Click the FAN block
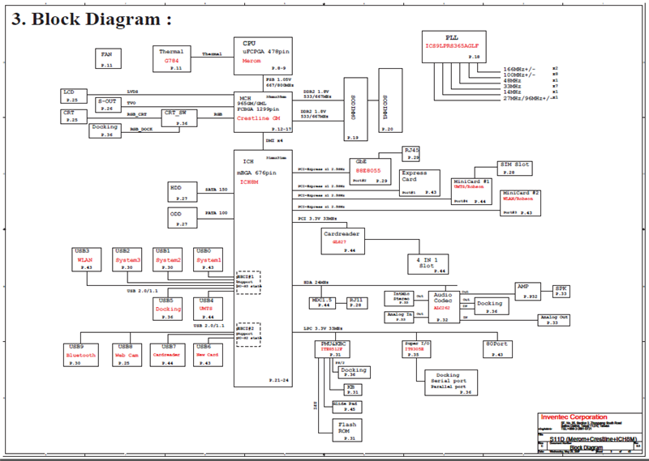click(x=106, y=58)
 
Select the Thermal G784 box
click(x=172, y=57)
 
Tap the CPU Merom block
click(x=260, y=53)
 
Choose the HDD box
click(x=183, y=191)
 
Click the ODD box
click(x=183, y=217)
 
